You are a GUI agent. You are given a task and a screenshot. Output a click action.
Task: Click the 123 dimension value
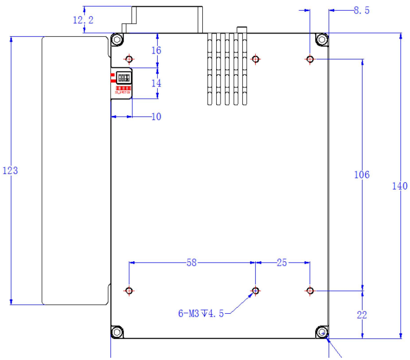[x=11, y=171]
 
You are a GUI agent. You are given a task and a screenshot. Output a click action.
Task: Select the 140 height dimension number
[x=399, y=186]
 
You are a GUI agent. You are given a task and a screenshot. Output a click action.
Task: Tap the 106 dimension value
[x=362, y=174]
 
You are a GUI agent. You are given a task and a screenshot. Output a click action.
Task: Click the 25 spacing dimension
[x=282, y=262]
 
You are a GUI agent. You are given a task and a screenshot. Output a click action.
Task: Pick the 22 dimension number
[x=362, y=314]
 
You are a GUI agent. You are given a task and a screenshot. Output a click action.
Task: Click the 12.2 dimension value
[x=83, y=20]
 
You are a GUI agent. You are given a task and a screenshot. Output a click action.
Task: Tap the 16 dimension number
[x=157, y=50]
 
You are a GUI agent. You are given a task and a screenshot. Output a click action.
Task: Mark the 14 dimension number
[x=157, y=83]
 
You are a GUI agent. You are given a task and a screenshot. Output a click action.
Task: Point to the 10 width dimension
[x=156, y=116]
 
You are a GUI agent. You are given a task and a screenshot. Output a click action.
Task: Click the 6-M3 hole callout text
[x=201, y=314]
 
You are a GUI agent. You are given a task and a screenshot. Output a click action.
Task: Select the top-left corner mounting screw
[x=116, y=40]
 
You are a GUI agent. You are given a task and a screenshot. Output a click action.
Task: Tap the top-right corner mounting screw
[x=321, y=40]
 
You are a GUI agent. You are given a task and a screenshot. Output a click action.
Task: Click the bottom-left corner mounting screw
[x=116, y=332]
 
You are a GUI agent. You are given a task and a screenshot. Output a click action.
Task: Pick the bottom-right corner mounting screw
[x=321, y=332]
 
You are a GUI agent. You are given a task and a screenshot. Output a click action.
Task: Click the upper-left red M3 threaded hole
[x=129, y=59]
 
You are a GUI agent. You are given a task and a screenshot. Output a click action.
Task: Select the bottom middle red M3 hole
[x=255, y=290]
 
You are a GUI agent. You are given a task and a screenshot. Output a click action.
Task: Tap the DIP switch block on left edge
[x=122, y=78]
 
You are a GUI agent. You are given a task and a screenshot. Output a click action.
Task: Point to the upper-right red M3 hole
[x=310, y=59]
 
